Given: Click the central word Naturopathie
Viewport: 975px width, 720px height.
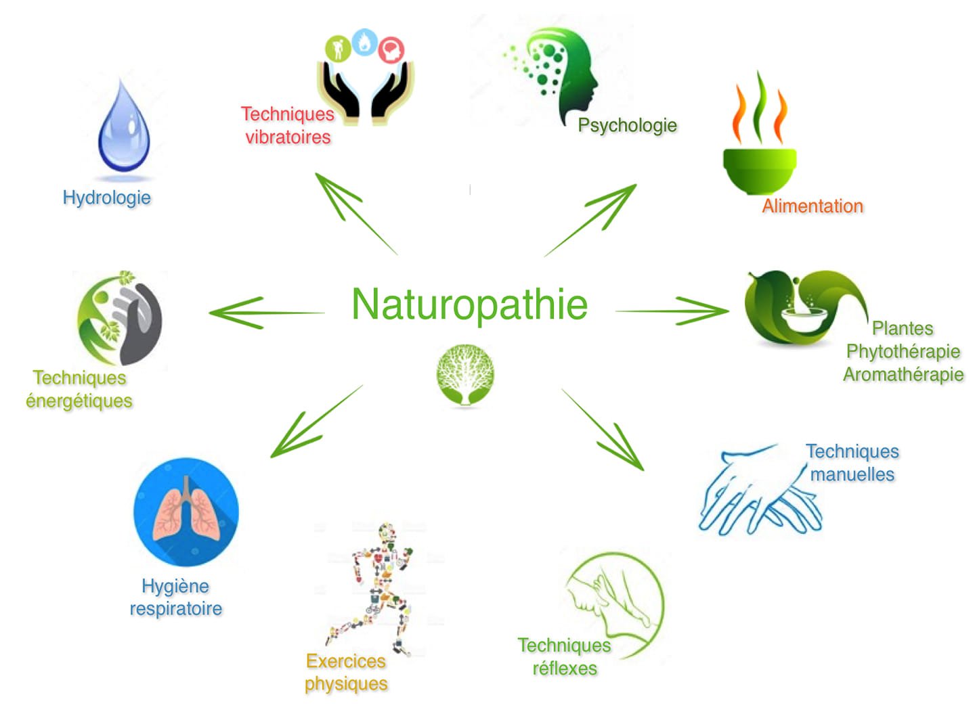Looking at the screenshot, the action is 469,304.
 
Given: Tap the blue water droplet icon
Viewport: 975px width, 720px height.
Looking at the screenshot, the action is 123,129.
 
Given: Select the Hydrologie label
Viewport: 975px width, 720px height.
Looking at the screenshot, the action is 106,198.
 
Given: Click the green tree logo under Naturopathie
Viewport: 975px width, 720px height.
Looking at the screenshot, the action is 464,374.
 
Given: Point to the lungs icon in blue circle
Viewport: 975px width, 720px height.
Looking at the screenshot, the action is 186,512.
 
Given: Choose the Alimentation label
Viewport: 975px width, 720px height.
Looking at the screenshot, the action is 812,206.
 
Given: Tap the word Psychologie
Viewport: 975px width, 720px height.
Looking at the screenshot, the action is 627,125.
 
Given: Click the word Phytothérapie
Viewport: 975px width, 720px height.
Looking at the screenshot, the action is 903,351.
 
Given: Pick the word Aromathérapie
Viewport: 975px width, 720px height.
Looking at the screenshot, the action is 903,374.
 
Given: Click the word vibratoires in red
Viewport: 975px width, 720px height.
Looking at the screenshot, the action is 288,137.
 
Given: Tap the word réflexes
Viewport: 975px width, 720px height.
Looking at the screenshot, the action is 565,669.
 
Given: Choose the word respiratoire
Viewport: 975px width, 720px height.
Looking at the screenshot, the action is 176,608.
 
